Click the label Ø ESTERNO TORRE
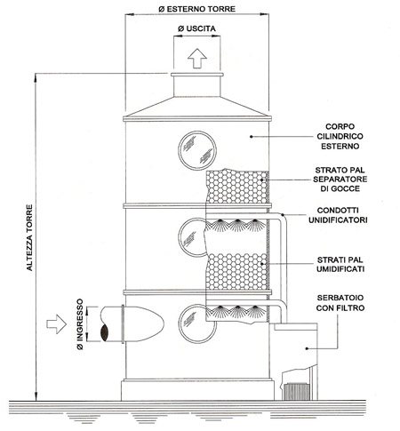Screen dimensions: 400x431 196,9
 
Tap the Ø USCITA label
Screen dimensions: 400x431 196,28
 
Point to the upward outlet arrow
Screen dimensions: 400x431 197,59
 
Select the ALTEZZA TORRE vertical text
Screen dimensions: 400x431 29,237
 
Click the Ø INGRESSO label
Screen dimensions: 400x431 80,324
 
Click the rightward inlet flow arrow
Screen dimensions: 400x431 56,324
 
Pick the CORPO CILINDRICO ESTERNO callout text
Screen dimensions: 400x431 340,136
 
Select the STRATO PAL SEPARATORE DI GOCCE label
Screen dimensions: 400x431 340,180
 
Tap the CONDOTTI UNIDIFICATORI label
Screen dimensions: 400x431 338,215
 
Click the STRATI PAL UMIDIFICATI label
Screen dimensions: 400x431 340,264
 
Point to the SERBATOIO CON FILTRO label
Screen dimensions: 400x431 340,303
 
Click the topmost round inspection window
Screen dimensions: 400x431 197,150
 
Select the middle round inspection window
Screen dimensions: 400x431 193,237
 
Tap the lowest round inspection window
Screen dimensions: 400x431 194,323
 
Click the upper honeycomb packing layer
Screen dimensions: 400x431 236,186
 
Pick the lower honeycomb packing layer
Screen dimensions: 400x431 236,272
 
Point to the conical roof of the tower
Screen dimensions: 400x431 197,107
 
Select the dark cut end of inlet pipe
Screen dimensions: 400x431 104,332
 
